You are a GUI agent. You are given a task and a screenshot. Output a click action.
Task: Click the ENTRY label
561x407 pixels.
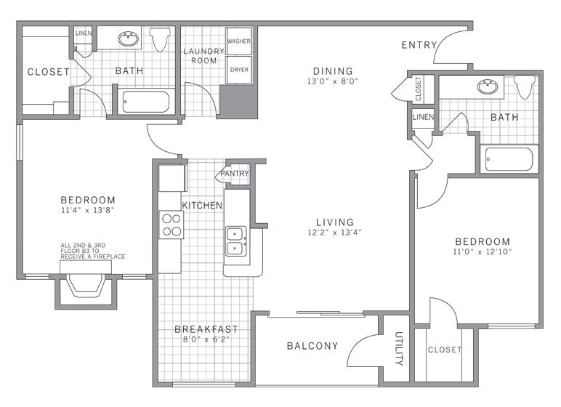[419, 45]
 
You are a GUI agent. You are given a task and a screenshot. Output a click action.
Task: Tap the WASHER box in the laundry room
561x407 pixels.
[238, 41]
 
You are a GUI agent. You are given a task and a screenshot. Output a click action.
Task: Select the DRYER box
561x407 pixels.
[238, 70]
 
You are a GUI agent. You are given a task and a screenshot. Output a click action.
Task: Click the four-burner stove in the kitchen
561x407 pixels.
[171, 225]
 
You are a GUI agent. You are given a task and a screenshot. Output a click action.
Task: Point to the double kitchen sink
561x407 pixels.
[235, 241]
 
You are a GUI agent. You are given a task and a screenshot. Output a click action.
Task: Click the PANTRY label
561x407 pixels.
[234, 174]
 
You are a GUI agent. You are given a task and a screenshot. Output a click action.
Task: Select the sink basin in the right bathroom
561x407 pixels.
[488, 86]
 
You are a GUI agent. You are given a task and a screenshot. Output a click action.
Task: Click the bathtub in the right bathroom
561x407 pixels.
[509, 159]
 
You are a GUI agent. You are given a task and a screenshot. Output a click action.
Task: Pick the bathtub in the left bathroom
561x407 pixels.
[145, 102]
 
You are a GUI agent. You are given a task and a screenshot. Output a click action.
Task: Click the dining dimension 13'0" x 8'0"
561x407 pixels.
[333, 81]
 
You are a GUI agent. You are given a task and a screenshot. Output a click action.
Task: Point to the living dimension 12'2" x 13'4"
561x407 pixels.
[335, 233]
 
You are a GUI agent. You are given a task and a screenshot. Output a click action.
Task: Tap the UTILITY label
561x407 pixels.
[399, 349]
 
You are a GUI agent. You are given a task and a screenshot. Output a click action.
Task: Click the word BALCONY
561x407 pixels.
[312, 346]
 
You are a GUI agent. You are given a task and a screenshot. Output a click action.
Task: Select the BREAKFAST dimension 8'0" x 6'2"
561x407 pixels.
[206, 339]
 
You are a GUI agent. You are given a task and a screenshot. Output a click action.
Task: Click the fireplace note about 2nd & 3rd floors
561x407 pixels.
[93, 251]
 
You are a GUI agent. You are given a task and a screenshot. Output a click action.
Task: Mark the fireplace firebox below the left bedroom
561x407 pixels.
[86, 286]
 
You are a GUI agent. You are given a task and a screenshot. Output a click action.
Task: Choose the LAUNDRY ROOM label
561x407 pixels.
[204, 56]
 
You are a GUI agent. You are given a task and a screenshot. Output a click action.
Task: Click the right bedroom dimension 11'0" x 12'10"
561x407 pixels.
[483, 251]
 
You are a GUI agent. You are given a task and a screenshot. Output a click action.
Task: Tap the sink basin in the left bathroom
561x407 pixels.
[128, 39]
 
